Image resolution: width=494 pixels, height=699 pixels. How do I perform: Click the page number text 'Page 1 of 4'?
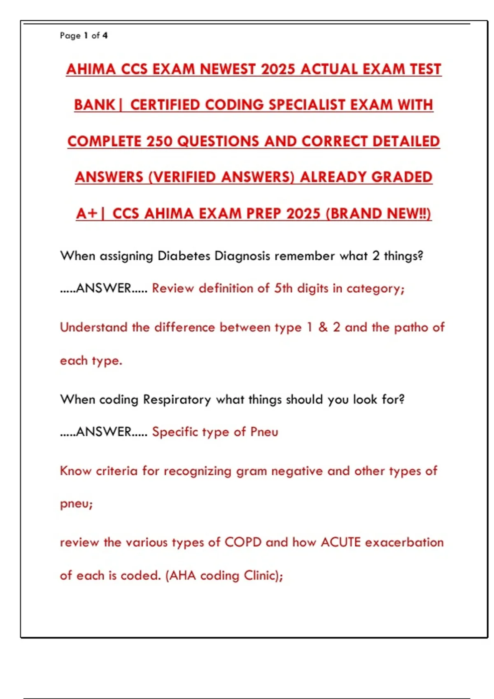(x=84, y=36)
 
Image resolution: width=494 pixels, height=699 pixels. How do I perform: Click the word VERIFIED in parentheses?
(x=185, y=177)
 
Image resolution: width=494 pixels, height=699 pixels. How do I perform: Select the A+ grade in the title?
(x=87, y=213)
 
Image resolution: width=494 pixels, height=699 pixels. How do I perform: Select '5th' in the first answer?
(x=283, y=288)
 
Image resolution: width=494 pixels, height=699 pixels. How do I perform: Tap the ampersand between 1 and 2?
(x=323, y=327)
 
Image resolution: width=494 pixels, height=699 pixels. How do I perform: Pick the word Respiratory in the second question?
(x=177, y=399)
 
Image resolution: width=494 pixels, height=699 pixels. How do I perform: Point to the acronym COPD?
(x=243, y=542)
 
